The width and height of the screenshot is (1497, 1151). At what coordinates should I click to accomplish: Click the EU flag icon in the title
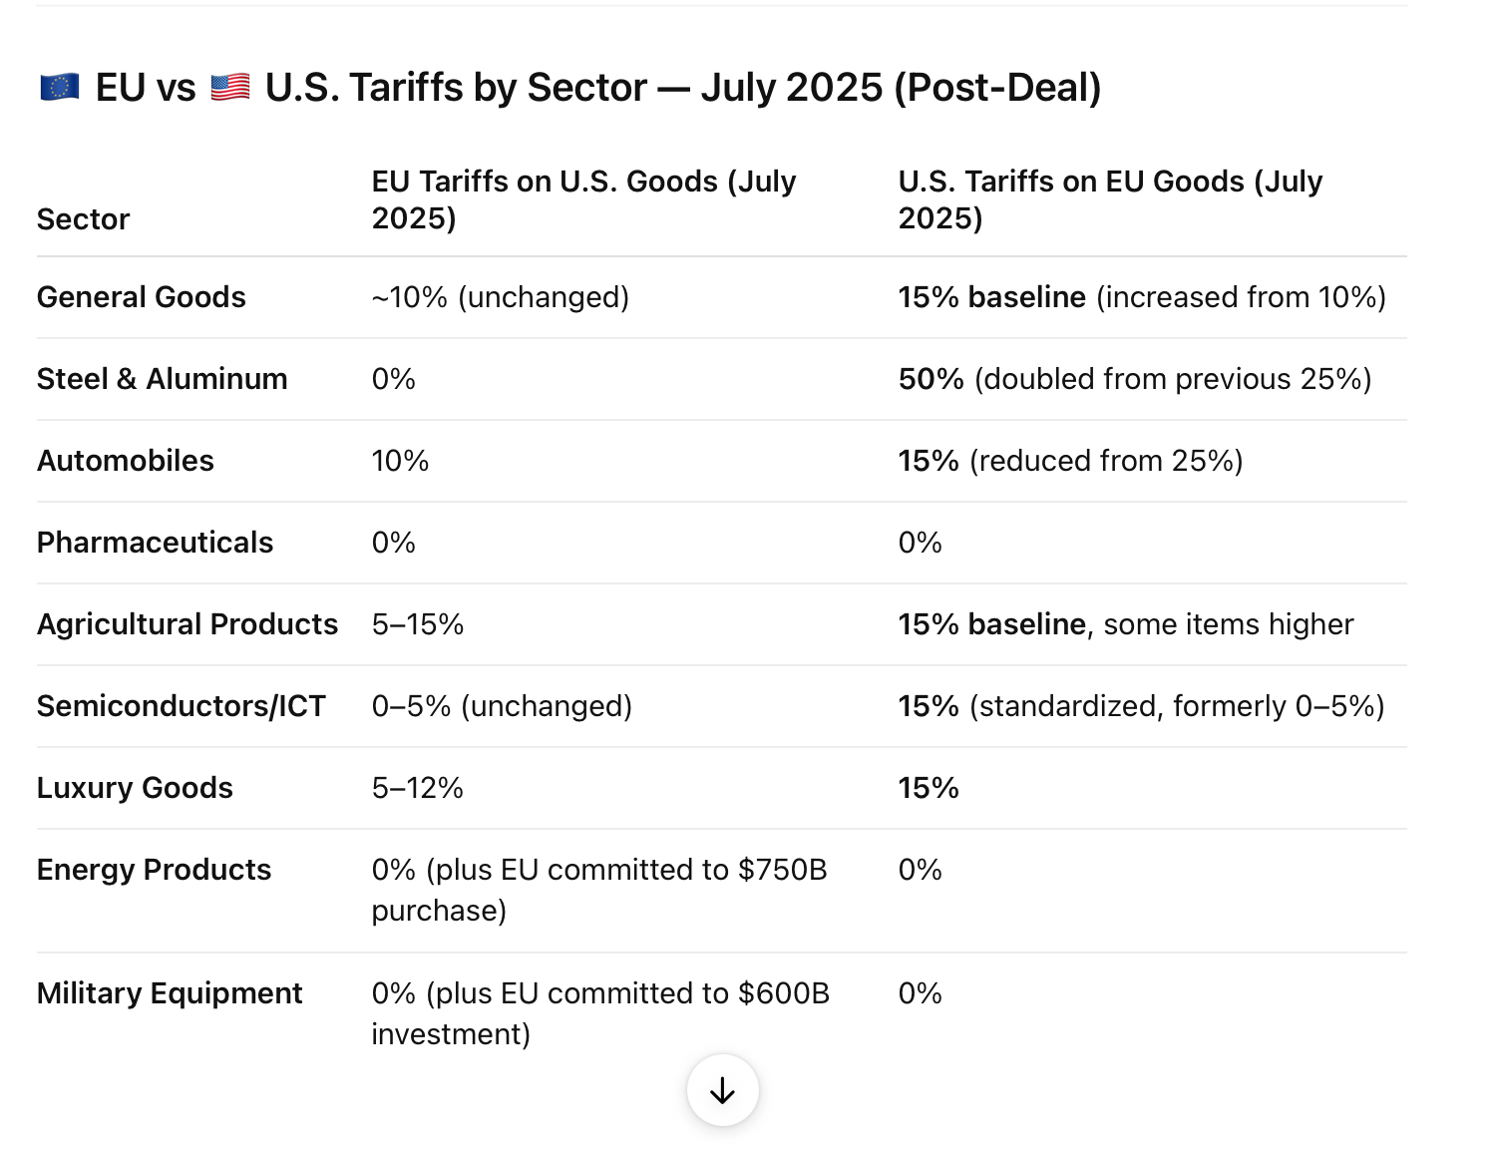(x=60, y=88)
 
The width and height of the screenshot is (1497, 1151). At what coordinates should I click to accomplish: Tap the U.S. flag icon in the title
(x=230, y=88)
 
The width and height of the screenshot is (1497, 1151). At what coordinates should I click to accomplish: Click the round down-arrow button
(x=723, y=1090)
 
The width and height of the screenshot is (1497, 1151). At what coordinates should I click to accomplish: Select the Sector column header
(x=84, y=219)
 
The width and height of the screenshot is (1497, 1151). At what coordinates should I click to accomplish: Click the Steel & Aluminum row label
(x=163, y=379)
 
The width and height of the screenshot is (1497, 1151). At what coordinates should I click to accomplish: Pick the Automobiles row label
(x=126, y=461)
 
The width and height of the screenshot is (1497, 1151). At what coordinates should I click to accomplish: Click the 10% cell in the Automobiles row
(x=400, y=461)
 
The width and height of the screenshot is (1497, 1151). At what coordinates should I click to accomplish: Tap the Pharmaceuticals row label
(x=155, y=543)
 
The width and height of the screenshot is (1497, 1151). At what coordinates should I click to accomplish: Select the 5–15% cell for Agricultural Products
(x=418, y=624)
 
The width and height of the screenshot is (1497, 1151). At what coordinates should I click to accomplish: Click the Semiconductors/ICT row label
(x=182, y=706)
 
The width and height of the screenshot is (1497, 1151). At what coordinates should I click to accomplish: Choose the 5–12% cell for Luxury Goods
(x=418, y=788)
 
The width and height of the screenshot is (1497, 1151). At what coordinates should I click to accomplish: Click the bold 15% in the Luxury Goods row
(x=929, y=788)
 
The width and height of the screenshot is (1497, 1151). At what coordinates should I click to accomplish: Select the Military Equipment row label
(x=170, y=993)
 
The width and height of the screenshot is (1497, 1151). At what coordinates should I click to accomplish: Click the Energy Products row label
(x=154, y=870)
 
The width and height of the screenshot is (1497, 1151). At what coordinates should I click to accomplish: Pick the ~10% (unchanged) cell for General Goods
(x=501, y=297)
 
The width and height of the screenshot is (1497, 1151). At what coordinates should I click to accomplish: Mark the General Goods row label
(x=142, y=297)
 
